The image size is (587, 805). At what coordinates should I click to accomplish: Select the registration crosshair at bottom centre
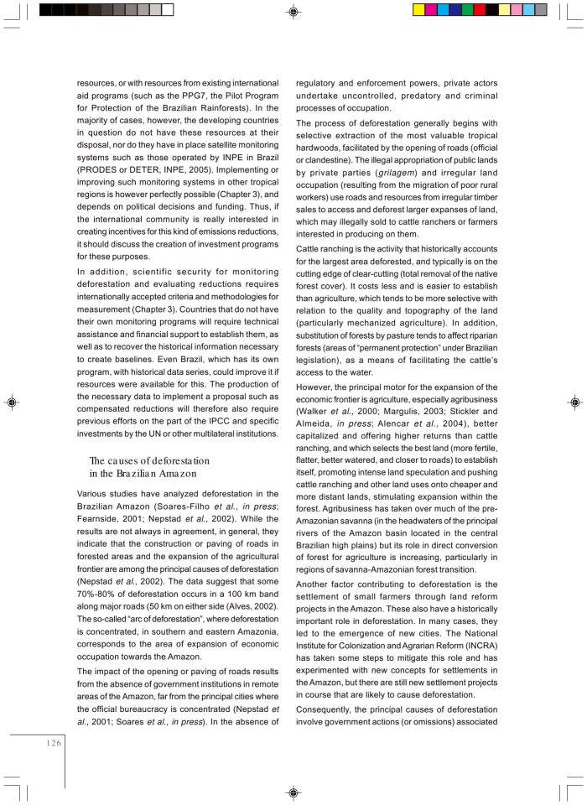[x=293, y=792]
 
